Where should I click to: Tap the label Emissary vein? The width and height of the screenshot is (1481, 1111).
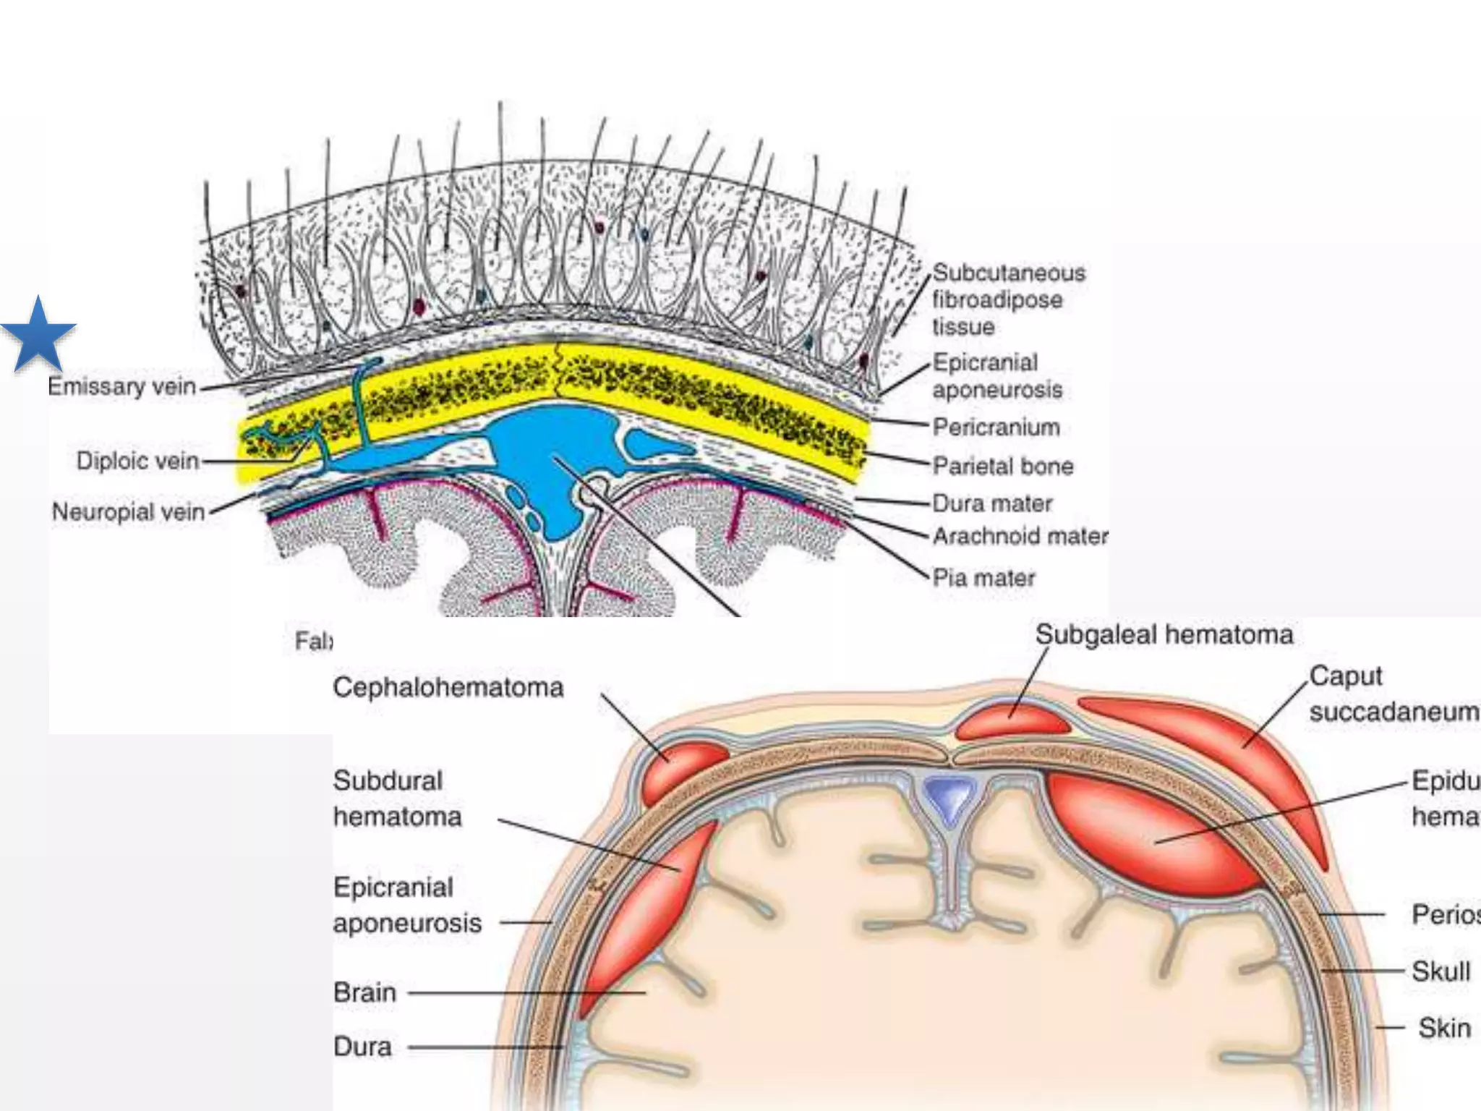[122, 387]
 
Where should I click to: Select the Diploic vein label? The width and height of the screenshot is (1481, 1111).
[137, 461]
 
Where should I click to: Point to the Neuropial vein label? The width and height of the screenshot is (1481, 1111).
[129, 512]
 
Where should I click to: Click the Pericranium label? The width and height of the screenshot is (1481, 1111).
[996, 427]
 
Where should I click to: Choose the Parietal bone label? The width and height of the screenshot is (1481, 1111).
[1002, 466]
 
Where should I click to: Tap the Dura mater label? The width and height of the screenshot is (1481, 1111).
[991, 503]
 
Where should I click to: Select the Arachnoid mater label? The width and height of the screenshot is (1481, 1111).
[1020, 536]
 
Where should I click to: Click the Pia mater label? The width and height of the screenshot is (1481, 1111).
[983, 578]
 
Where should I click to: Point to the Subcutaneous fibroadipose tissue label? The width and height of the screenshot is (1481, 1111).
[1008, 299]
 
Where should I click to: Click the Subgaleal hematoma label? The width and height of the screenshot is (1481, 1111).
[1164, 634]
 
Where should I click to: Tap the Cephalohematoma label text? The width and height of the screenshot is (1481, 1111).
[448, 687]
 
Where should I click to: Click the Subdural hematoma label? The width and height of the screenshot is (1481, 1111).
[397, 799]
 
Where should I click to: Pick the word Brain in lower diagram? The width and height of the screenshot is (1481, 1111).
[364, 992]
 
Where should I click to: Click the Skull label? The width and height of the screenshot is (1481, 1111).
[1441, 971]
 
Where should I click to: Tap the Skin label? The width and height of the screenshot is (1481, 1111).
[1444, 1028]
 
